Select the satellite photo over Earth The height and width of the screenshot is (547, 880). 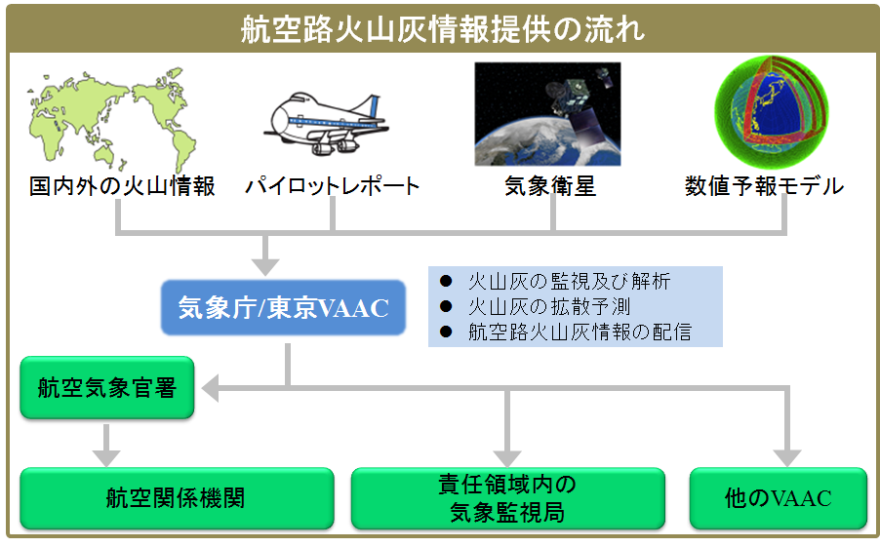[x=546, y=114]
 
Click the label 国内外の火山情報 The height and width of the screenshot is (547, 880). [x=122, y=186]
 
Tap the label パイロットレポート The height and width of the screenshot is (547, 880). [x=332, y=186]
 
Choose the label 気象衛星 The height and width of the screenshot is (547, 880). [x=550, y=186]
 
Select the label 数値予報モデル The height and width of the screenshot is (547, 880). [x=764, y=186]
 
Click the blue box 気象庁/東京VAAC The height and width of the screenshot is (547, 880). [x=283, y=308]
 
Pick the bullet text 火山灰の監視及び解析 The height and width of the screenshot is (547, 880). [x=569, y=281]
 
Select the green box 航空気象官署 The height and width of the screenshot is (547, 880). [x=107, y=388]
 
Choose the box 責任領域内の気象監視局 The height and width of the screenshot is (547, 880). [x=507, y=498]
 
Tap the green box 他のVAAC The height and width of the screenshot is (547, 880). [x=778, y=498]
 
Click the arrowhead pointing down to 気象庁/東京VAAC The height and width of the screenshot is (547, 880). [x=264, y=265]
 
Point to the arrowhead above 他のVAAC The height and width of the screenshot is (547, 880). [x=786, y=456]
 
